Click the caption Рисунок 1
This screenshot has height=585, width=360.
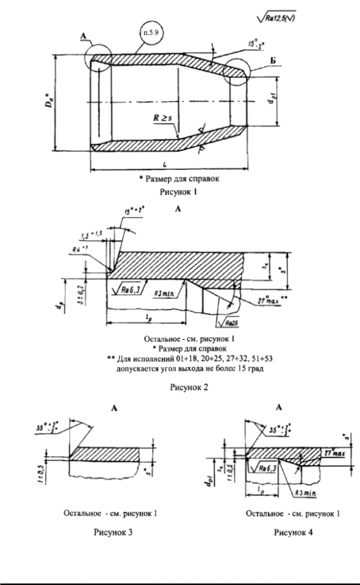point(179,191)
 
